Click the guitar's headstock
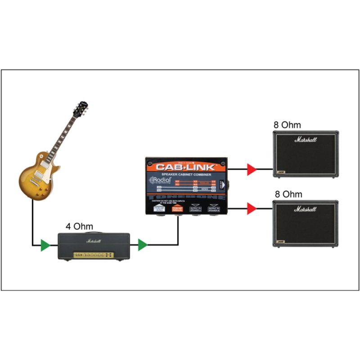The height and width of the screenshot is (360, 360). [x=81, y=108]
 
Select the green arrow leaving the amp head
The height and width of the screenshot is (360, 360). [x=143, y=245]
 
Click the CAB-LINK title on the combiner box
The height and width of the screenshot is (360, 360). [x=187, y=166]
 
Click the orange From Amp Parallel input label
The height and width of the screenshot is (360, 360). [x=177, y=208]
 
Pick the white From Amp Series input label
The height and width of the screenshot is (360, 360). [x=159, y=208]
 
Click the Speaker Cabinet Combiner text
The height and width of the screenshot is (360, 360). [x=187, y=174]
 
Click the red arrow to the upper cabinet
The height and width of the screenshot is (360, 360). [x=252, y=170]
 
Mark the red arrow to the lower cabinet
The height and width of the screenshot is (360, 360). [x=252, y=208]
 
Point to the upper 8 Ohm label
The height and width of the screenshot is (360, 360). [x=288, y=125]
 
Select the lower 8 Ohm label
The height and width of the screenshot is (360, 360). [x=288, y=194]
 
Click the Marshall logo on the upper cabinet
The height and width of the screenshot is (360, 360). [x=306, y=139]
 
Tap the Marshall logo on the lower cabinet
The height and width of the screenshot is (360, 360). [x=306, y=209]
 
